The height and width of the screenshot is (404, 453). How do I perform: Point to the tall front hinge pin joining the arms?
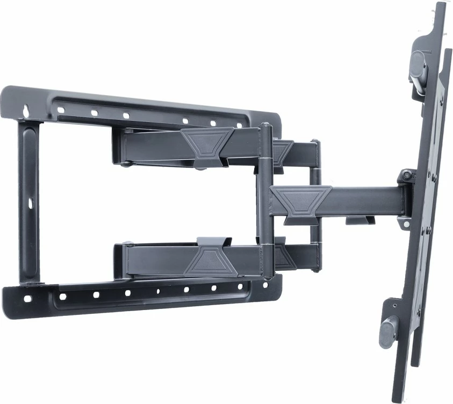tap(265, 199)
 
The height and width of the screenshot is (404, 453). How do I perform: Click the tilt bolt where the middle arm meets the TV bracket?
tap(407, 175)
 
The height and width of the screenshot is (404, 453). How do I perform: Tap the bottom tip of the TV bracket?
tap(399, 399)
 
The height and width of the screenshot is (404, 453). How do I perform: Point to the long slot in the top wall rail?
tap(156, 106)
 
